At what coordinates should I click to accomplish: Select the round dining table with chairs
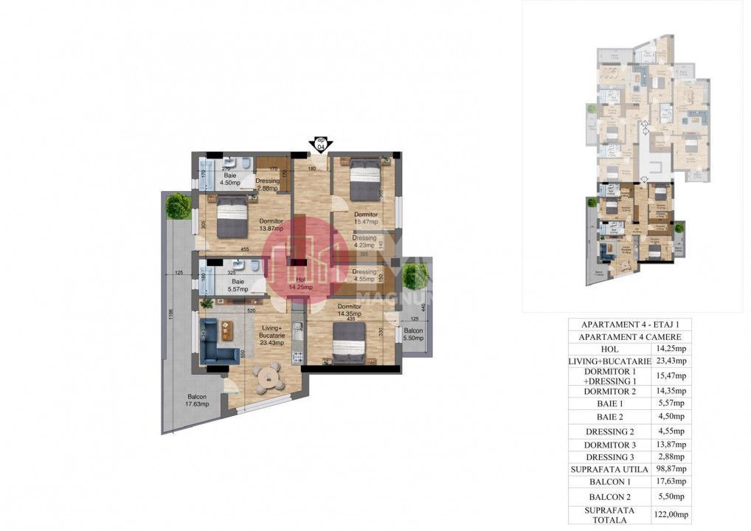point(266,378)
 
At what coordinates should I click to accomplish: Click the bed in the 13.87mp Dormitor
point(231,215)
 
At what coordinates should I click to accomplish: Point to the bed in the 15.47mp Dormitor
point(363,178)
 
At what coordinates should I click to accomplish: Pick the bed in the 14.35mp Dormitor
point(347,343)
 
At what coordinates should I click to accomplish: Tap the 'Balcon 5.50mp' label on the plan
point(413,335)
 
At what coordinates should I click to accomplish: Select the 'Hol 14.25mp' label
point(300,283)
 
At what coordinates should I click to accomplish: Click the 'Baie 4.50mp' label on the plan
point(230,179)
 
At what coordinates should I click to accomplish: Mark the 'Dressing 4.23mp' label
point(364,243)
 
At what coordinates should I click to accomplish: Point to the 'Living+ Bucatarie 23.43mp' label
point(271,337)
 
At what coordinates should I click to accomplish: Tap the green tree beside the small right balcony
point(415,275)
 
